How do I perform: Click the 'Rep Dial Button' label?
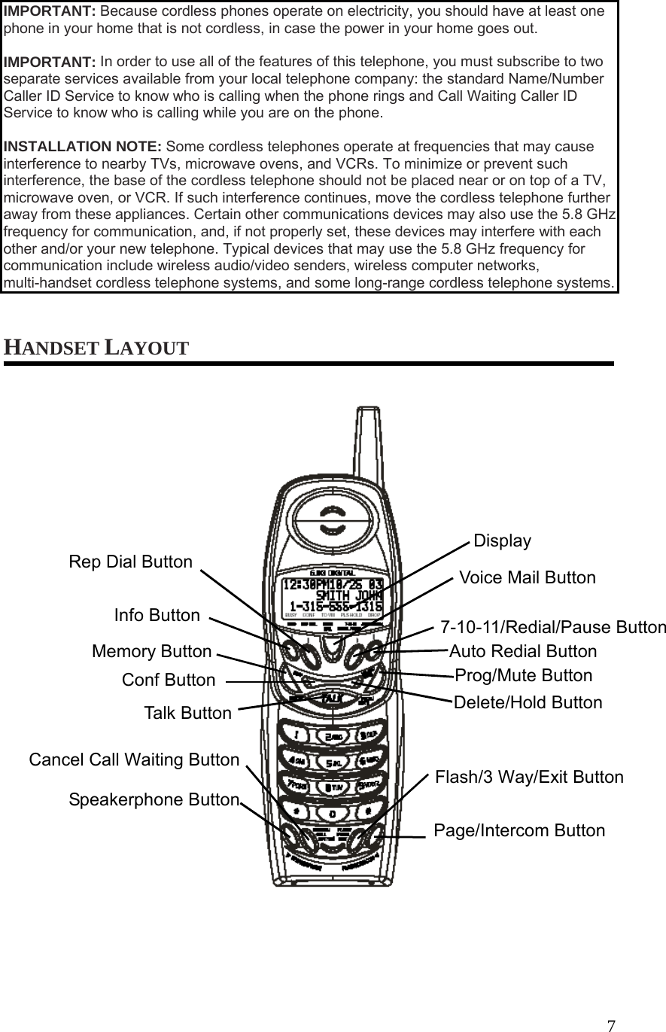coord(130,562)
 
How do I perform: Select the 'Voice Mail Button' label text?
coord(527,578)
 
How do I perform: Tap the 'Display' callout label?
coord(502,541)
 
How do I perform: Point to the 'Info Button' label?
coord(157,616)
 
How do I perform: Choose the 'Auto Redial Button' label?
coord(523,652)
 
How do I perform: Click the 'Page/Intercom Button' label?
coord(519,831)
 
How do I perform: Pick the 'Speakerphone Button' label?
coord(154,800)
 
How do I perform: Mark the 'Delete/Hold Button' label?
coord(528,703)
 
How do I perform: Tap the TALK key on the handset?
coord(332,699)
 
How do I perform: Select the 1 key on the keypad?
coord(300,732)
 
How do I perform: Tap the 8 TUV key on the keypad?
coord(332,787)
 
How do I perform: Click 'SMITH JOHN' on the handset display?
coord(347,595)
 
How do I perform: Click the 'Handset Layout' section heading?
coord(97,349)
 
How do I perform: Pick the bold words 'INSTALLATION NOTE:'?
coord(83,146)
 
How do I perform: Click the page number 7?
coord(611,1025)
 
